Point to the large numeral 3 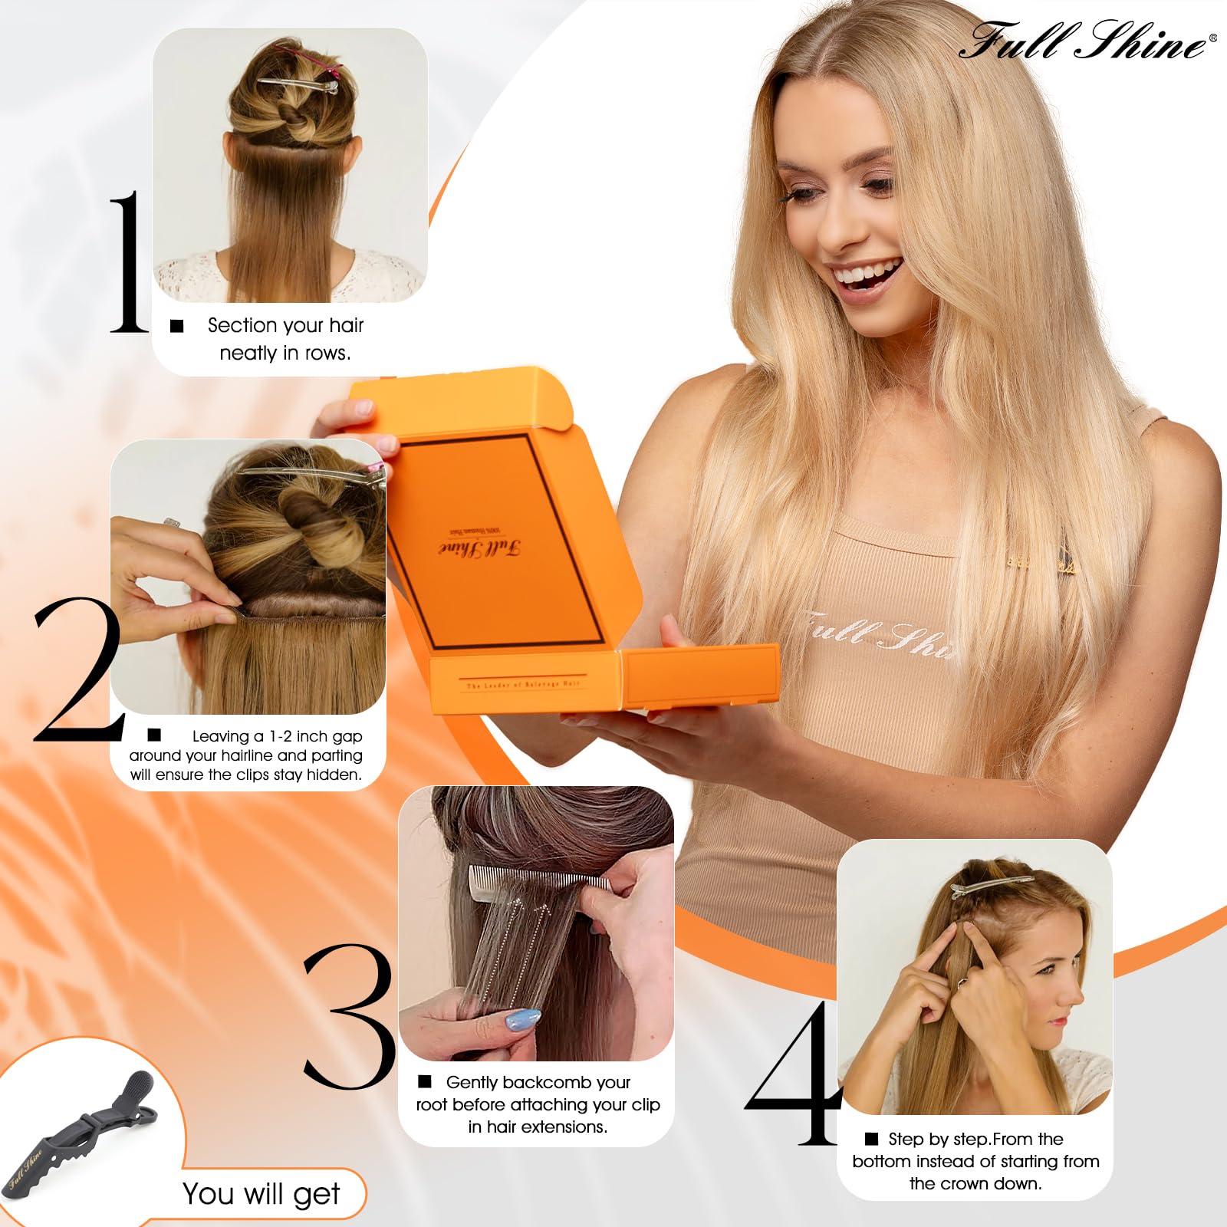pyautogui.click(x=349, y=1016)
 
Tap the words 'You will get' pyautogui.click(x=261, y=1194)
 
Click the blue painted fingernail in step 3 pyautogui.click(x=523, y=1021)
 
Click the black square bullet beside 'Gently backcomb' pyautogui.click(x=425, y=1081)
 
